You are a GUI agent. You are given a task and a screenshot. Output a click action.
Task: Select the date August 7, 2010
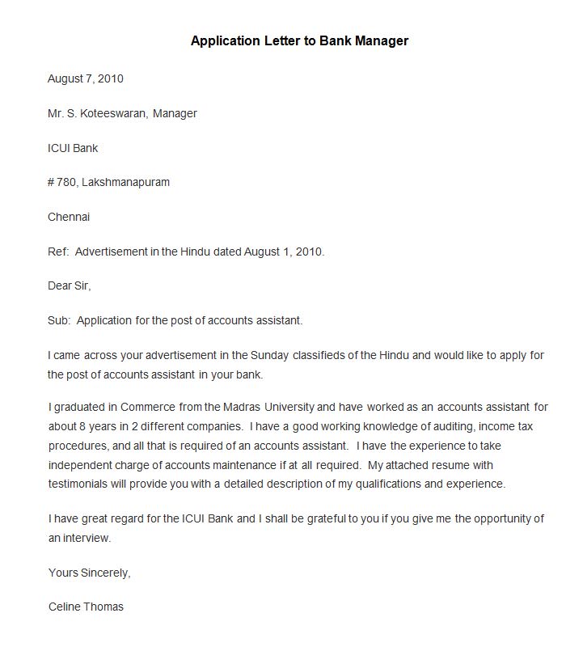86,78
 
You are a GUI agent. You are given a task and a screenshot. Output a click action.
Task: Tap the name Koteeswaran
113,113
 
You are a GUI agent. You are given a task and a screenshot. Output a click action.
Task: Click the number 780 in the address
65,182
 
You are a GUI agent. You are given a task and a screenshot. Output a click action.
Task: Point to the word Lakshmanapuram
125,182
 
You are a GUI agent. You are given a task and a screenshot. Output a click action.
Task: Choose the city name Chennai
69,217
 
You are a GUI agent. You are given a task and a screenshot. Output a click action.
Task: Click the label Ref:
58,252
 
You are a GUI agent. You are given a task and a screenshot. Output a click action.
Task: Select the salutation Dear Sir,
70,285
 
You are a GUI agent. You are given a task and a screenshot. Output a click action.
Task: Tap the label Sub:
59,320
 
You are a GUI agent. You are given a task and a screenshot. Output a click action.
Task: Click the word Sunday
269,355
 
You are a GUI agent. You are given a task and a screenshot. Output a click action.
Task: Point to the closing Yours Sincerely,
89,573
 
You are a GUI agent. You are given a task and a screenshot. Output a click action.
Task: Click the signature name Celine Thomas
86,607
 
